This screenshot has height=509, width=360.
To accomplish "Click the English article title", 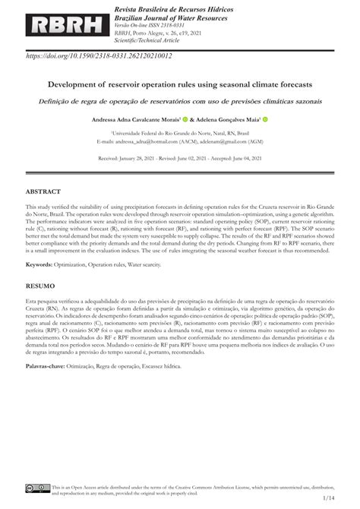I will coord(180,87).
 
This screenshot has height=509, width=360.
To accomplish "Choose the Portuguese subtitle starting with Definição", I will coord(180,100).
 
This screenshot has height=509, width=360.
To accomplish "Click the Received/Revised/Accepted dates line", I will coord(180,160).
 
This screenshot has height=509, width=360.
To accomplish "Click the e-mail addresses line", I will coord(180,141).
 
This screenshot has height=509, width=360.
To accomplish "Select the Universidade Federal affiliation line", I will coord(180,133).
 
